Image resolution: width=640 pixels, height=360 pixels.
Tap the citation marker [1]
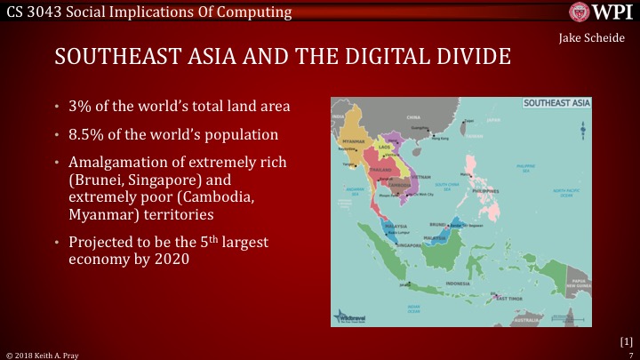click(x=625, y=340)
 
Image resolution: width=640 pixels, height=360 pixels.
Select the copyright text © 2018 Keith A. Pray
click(x=46, y=354)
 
